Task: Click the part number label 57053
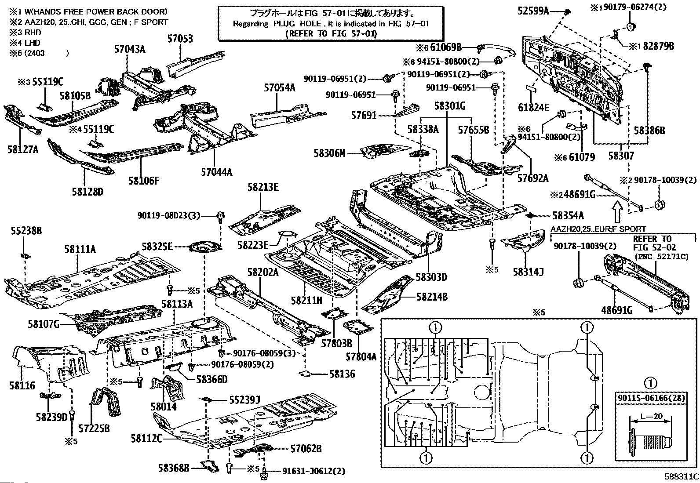coord(180,39)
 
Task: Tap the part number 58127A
coord(23,149)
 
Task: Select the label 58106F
coord(144,180)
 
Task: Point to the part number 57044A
coord(216,172)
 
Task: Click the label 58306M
coord(329,153)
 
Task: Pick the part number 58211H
coord(306,301)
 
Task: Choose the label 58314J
coord(528,272)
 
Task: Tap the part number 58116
coord(22,385)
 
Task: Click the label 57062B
coord(306,449)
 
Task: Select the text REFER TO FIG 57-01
coord(331,33)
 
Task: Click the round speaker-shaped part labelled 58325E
coord(204,248)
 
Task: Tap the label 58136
coord(342,374)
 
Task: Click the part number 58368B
coord(174,469)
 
